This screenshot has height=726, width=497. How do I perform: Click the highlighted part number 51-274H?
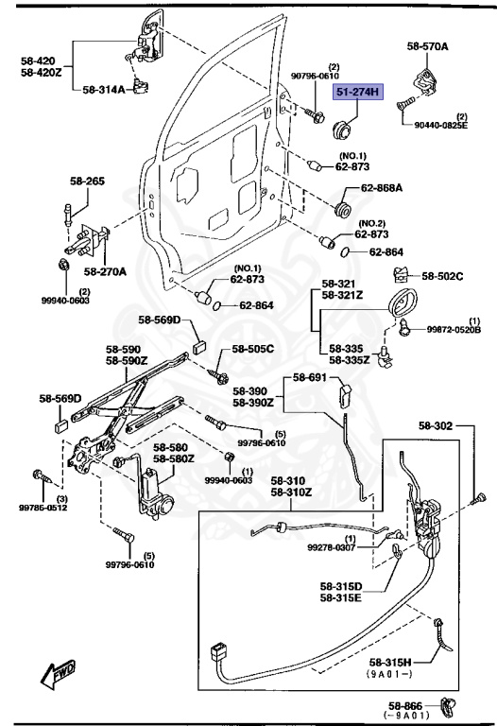[358, 92]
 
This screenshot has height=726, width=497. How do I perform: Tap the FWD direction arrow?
[58, 672]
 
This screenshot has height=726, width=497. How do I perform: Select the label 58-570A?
[428, 46]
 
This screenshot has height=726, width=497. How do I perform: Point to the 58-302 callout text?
[436, 425]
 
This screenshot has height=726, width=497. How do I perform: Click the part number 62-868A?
[382, 188]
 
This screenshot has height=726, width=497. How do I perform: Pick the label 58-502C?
[442, 276]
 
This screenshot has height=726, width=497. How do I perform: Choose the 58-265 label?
[87, 181]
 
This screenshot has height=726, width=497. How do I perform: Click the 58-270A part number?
[105, 272]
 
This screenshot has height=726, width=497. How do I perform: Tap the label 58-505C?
[253, 349]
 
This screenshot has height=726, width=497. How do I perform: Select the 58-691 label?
[310, 377]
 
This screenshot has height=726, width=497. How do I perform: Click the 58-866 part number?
[405, 706]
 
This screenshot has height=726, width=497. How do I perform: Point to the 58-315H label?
[390, 663]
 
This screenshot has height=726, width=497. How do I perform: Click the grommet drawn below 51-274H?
[343, 128]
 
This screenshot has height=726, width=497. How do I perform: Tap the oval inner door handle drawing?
[403, 302]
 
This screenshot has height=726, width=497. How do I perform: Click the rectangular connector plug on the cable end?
[219, 652]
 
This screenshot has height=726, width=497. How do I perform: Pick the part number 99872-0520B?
[454, 330]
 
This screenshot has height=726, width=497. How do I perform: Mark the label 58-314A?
[104, 90]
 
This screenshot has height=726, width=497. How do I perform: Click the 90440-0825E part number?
[440, 125]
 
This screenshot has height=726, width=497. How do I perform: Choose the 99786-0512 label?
[43, 508]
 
